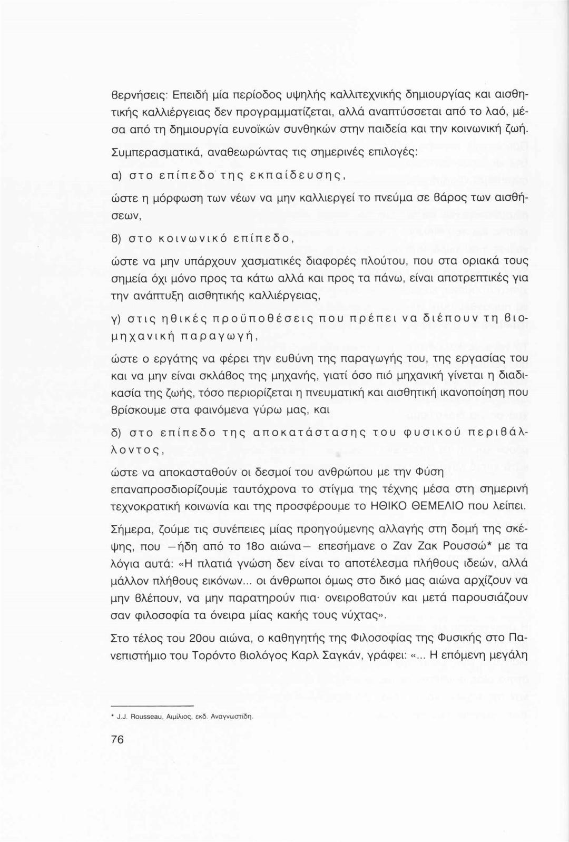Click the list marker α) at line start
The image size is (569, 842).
coord(116,174)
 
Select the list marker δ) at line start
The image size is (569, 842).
coord(116,433)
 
